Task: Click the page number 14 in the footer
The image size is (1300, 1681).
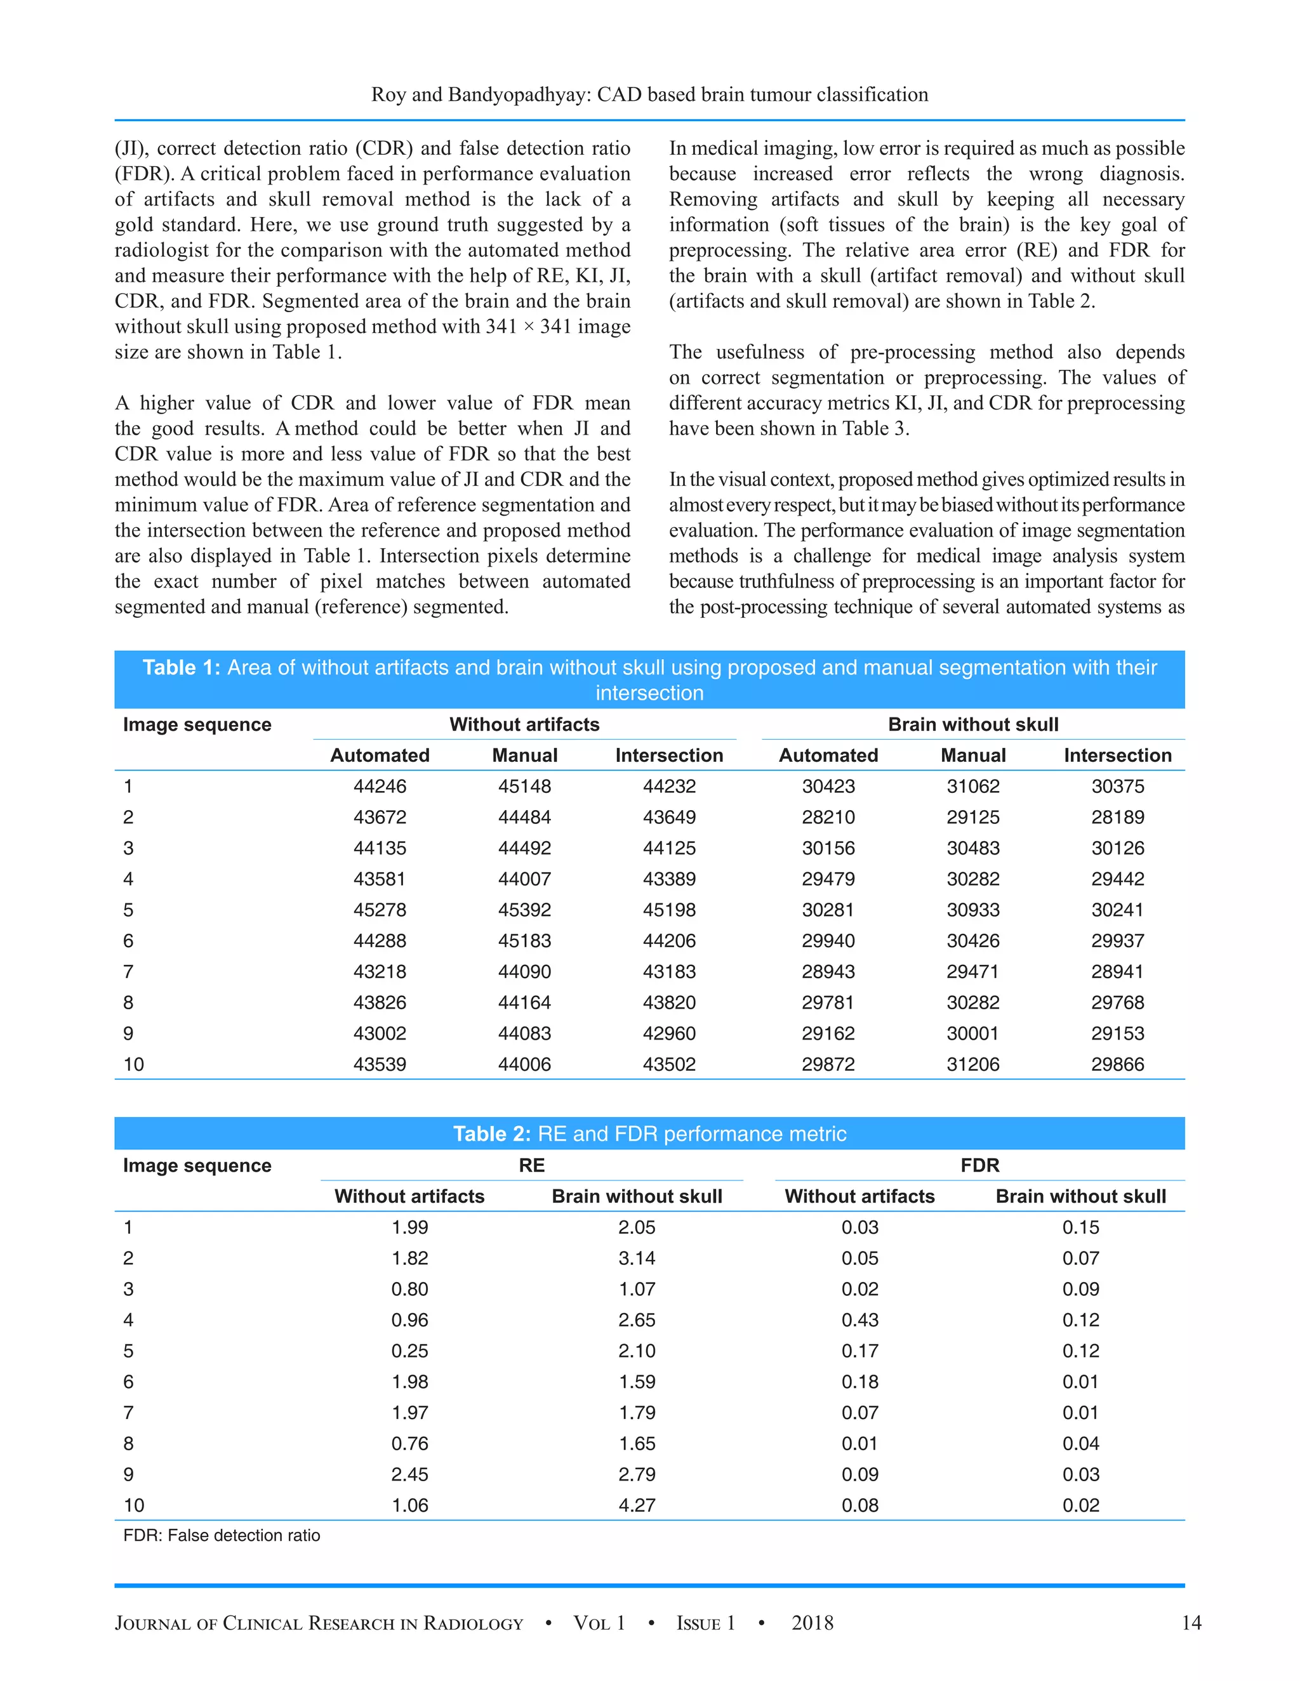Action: coord(1191,1623)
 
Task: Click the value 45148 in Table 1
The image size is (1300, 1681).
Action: coord(524,786)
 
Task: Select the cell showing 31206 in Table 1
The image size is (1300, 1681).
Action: coord(972,1064)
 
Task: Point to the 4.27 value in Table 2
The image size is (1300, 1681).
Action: coord(636,1505)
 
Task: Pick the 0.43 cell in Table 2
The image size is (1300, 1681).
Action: coord(859,1319)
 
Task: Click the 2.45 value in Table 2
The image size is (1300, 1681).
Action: coord(409,1474)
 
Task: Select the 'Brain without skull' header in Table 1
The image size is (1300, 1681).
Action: coord(972,724)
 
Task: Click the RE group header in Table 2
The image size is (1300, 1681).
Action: coord(531,1165)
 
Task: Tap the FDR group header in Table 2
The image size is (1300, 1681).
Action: coord(979,1165)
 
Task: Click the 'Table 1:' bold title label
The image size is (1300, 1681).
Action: coord(181,667)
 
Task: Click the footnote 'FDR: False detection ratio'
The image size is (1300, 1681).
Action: coord(222,1536)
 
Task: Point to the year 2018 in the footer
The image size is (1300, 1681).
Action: coord(812,1623)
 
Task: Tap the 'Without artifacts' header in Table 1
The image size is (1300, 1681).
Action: coord(524,724)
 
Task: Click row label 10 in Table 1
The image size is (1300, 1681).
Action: coord(133,1064)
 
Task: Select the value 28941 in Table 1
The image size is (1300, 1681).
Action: coord(1117,971)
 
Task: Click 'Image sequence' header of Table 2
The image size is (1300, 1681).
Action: coord(197,1165)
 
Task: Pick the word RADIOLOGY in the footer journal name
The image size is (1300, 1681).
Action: coord(473,1624)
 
